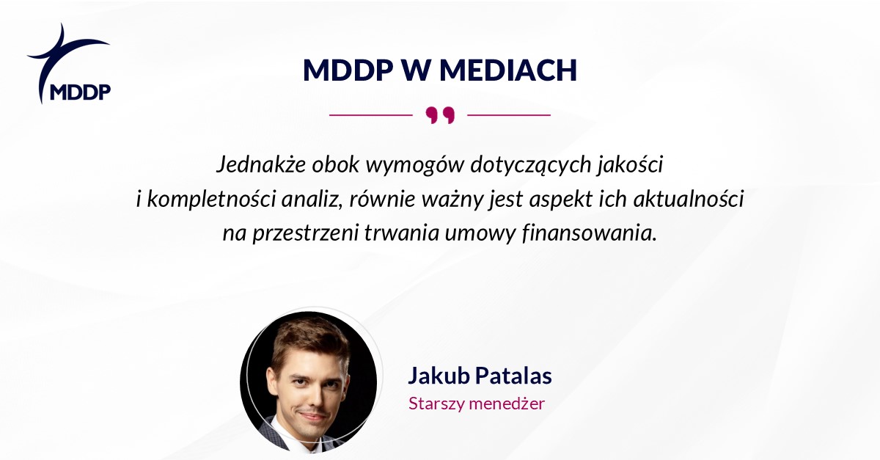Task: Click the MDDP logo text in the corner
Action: click(x=81, y=92)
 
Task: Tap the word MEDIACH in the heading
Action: click(x=508, y=70)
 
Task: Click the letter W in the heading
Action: click(x=416, y=70)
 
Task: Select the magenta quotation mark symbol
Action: click(x=440, y=114)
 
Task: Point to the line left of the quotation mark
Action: click(x=371, y=115)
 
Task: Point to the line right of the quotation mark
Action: click(x=509, y=115)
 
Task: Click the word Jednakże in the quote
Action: click(x=261, y=164)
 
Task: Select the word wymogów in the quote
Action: click(x=415, y=165)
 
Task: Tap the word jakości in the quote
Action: click(x=630, y=164)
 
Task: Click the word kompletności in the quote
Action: click(x=211, y=199)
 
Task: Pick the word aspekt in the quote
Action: click(x=560, y=200)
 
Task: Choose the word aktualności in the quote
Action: click(x=689, y=199)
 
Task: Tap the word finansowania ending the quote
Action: click(x=590, y=233)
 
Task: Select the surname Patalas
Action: click(x=513, y=375)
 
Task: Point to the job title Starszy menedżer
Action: click(x=477, y=404)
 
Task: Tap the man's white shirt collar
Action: click(x=290, y=437)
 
